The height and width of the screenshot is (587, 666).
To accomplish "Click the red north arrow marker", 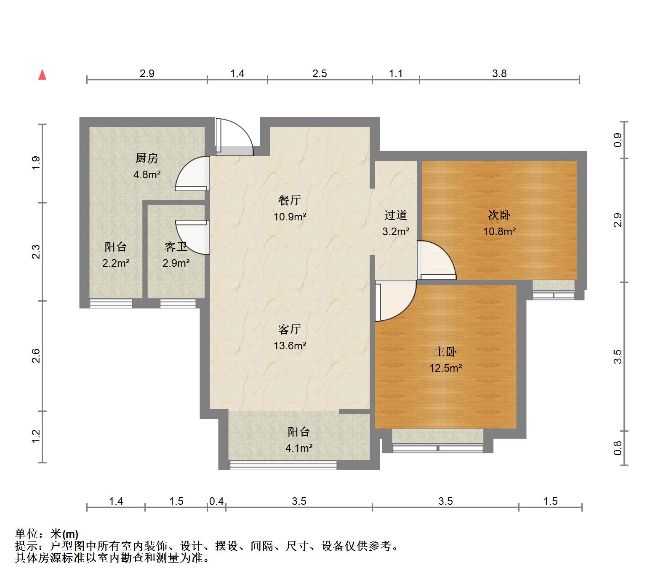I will click(42, 75).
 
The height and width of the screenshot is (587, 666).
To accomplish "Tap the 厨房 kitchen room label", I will click(147, 158).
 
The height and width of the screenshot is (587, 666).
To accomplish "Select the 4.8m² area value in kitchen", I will click(147, 174).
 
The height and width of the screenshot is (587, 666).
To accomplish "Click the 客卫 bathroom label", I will click(176, 247).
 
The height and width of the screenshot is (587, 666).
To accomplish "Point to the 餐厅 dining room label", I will click(290, 200).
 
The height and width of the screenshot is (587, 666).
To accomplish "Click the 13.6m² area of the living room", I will click(290, 346).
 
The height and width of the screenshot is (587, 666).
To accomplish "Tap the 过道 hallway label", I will click(396, 215).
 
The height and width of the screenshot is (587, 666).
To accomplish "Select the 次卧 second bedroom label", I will click(499, 215).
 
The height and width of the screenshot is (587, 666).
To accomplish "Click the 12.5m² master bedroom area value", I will click(445, 368).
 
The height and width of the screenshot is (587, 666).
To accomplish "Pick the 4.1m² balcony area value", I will click(299, 448).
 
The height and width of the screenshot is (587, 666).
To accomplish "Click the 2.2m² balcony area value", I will click(116, 263).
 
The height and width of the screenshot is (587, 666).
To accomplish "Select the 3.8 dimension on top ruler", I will click(499, 74).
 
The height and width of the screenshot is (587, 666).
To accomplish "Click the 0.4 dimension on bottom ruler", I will click(216, 501).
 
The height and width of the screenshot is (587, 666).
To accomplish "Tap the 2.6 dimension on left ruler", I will click(36, 356).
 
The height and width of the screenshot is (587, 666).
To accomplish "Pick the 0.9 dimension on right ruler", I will click(618, 140).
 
